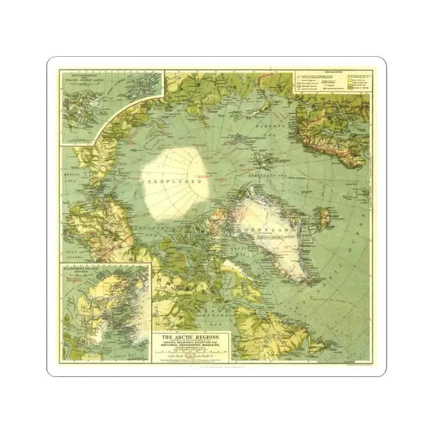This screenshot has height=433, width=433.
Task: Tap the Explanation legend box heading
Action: (x=334, y=72)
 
